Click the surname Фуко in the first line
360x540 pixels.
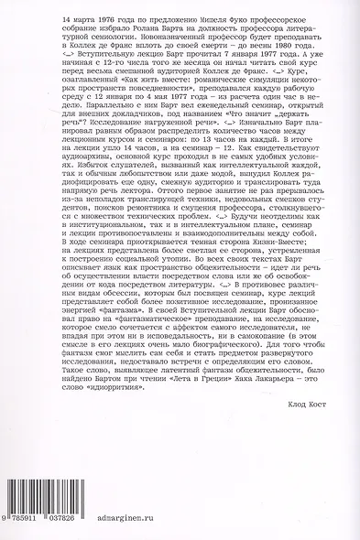coord(210,18)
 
